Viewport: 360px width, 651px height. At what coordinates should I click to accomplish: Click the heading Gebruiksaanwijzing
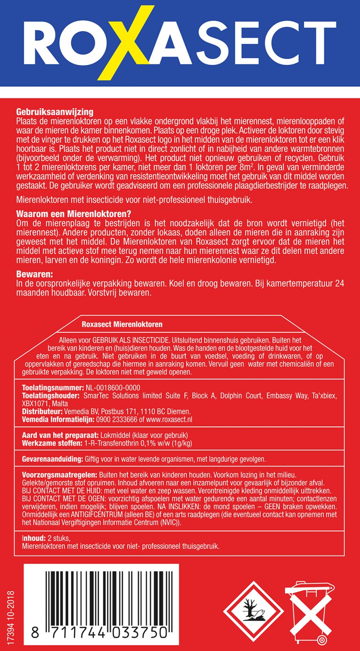pyautogui.click(x=55, y=112)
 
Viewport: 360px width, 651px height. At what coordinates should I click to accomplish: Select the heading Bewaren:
pyautogui.click(x=35, y=274)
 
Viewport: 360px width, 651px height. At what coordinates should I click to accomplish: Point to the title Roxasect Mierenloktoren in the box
pyautogui.click(x=122, y=324)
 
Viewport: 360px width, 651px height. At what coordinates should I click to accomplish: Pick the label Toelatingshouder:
pyautogui.click(x=51, y=395)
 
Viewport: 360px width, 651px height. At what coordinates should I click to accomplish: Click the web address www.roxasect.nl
pyautogui.click(x=169, y=419)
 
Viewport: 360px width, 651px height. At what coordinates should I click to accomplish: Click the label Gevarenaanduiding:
pyautogui.click(x=52, y=459)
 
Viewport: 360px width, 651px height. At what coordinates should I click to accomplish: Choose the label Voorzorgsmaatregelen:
pyautogui.click(x=59, y=475)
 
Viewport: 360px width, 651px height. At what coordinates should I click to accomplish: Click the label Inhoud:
pyautogui.click(x=34, y=538)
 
